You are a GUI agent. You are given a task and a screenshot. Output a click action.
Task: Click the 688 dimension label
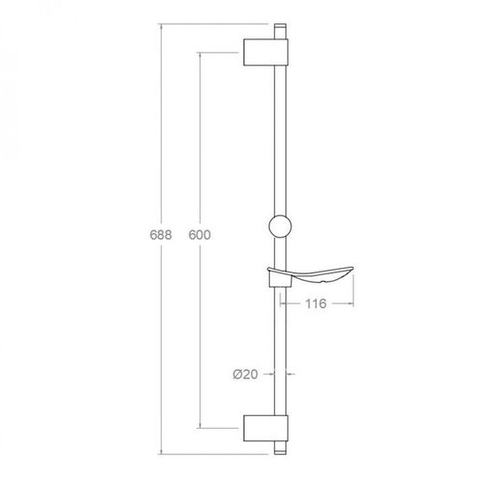click(x=161, y=235)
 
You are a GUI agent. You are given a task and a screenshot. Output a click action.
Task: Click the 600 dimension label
click(x=200, y=235)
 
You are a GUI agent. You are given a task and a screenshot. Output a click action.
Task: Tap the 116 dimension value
click(x=316, y=303)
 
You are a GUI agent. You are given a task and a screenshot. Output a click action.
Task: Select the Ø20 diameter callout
click(x=246, y=374)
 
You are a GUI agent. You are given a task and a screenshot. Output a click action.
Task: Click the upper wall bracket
click(x=265, y=52)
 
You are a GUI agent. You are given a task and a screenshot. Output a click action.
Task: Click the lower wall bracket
click(x=265, y=428)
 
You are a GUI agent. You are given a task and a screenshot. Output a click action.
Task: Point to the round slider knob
click(x=280, y=226)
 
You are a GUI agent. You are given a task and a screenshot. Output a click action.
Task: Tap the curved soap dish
click(x=311, y=274)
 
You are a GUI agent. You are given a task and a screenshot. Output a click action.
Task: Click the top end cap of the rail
click(x=280, y=31)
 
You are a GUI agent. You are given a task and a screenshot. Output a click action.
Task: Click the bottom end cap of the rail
click(x=280, y=448)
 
